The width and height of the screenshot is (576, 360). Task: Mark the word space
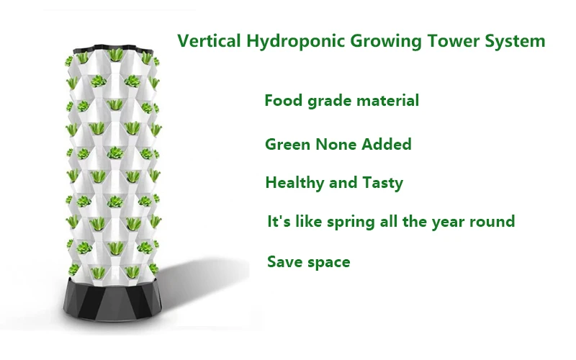328,262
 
